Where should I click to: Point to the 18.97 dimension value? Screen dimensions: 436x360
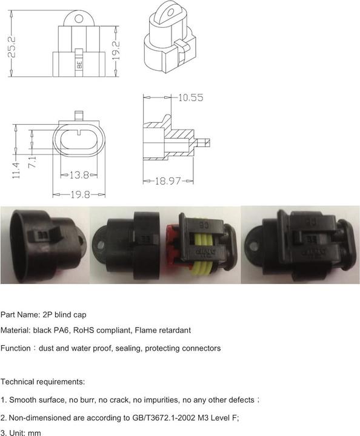click(x=168, y=181)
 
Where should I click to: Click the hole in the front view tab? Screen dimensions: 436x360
click(x=79, y=19)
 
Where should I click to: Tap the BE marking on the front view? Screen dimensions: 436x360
click(x=79, y=62)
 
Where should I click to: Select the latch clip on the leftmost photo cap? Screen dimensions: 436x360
click(x=53, y=236)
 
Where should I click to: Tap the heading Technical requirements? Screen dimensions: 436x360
click(x=43, y=382)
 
